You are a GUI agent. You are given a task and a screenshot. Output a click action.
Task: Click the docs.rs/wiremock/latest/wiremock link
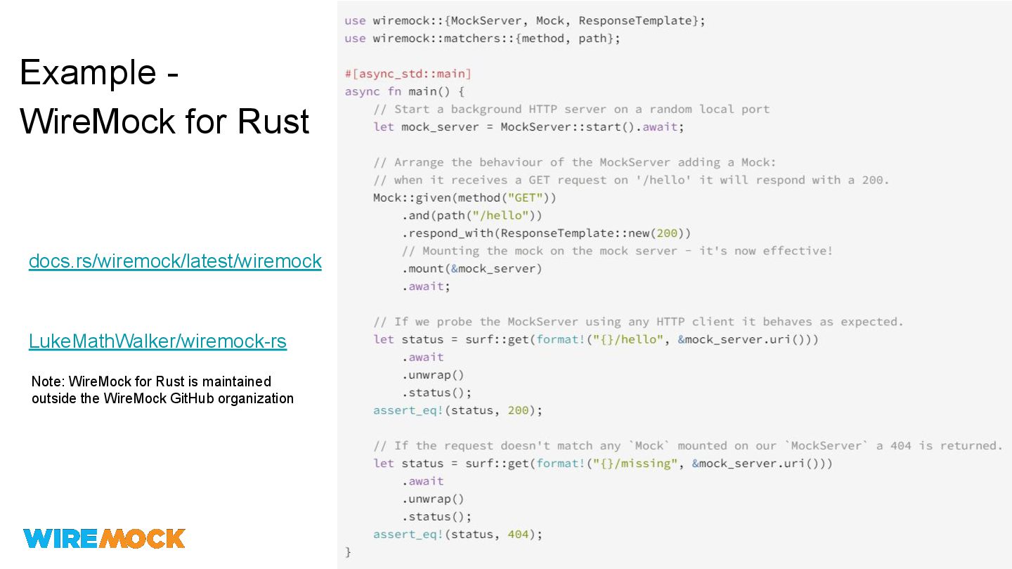[175, 261]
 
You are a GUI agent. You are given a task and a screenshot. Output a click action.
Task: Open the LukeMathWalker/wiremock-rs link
[157, 341]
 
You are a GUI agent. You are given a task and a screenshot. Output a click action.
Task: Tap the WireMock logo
[104, 538]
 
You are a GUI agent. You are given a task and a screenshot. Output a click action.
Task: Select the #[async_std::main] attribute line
[408, 74]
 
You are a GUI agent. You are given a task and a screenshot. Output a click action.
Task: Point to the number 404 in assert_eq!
[518, 535]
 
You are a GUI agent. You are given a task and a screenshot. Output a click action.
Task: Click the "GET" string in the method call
[524, 197]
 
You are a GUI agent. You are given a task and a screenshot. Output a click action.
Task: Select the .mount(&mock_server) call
[472, 269]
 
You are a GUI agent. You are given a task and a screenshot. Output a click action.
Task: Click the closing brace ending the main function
[348, 552]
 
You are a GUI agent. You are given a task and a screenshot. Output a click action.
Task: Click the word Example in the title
[88, 72]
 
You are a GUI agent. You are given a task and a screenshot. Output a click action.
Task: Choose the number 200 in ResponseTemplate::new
[667, 233]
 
